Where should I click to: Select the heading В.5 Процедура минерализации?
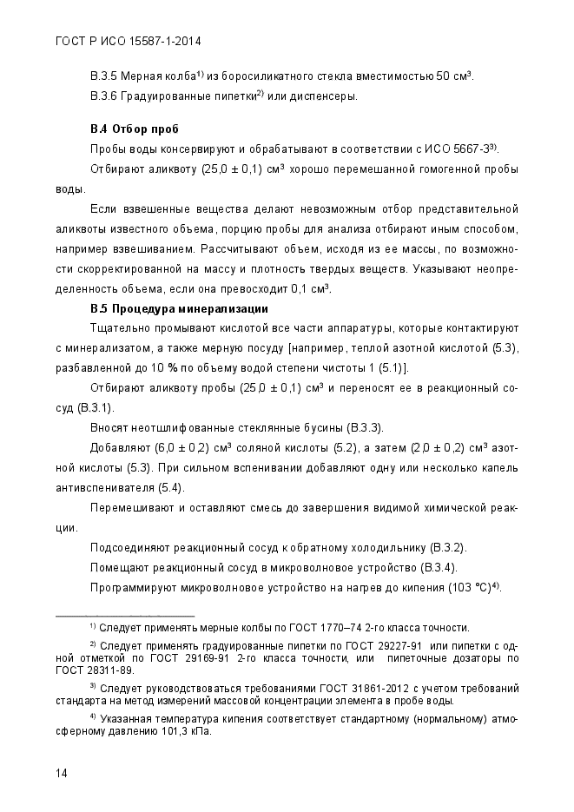179,308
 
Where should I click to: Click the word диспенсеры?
323,95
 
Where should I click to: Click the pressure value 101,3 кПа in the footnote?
183,730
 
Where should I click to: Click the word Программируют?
135,587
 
